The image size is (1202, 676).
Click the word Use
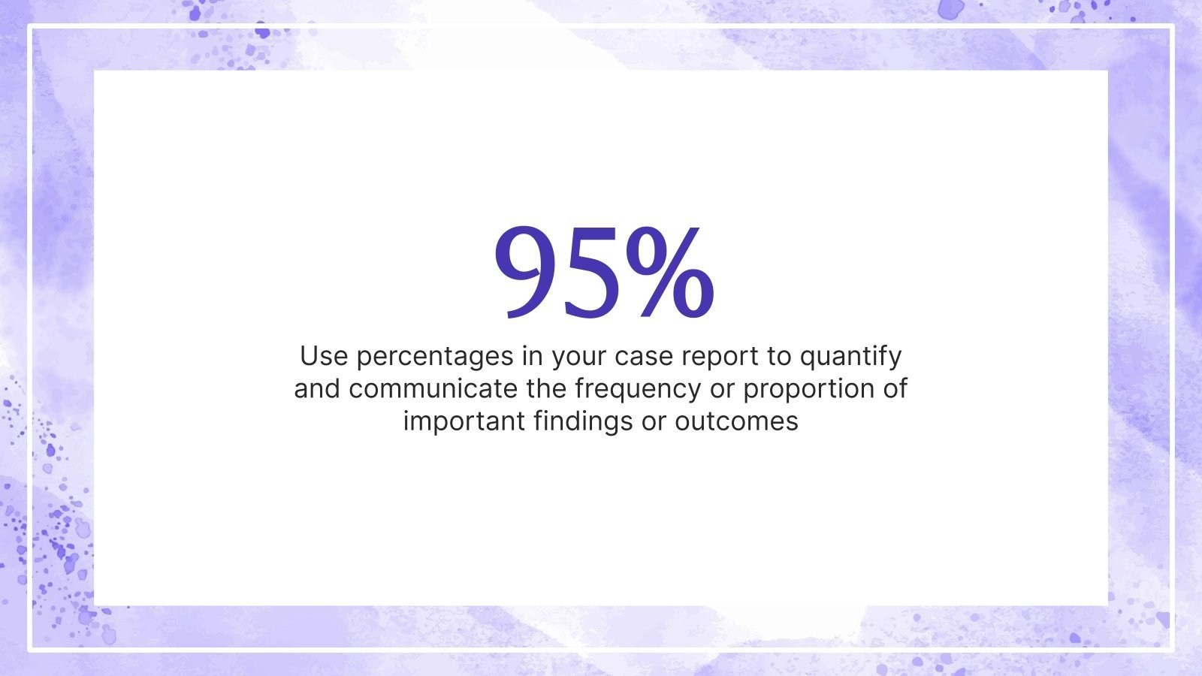(x=324, y=355)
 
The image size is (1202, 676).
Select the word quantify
(x=850, y=357)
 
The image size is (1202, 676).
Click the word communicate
(x=433, y=388)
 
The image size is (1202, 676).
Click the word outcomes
(x=736, y=421)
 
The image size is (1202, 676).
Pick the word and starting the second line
(x=317, y=388)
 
